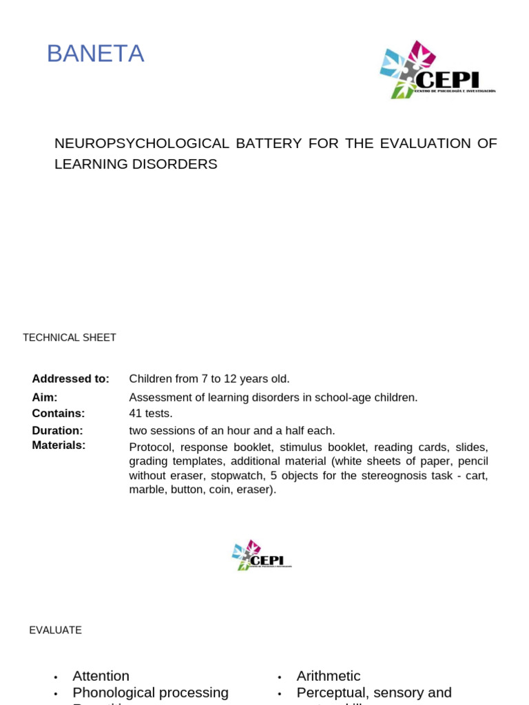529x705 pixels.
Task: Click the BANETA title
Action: coord(95,54)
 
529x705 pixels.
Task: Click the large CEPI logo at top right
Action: coord(437,70)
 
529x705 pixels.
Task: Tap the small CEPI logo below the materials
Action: coord(261,555)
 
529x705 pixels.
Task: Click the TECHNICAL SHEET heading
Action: coord(70,337)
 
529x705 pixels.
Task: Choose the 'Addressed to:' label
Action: coord(70,379)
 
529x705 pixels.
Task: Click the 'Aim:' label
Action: coord(45,397)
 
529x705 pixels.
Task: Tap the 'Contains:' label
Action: coord(59,413)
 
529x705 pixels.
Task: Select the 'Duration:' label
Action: coord(57,430)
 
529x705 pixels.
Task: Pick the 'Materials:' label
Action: coord(59,445)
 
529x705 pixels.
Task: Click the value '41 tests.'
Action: coord(151,413)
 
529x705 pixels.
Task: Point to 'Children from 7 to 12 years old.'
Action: coord(209,379)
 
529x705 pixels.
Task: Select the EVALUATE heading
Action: coord(55,630)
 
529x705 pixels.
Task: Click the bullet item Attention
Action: coord(101,676)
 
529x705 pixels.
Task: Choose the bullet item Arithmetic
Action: coord(329,676)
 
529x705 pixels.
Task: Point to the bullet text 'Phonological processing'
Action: coord(150,693)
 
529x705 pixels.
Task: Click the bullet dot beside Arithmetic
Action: coord(280,677)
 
